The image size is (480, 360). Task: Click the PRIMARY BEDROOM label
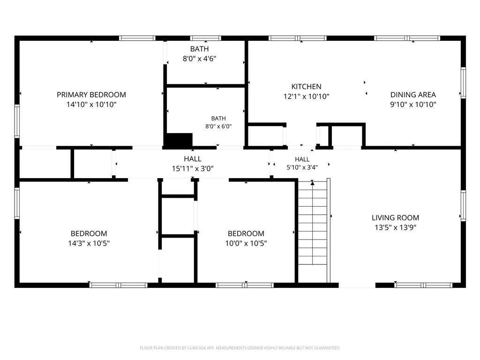91,95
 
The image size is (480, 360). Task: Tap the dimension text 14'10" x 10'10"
91,105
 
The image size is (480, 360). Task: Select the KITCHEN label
306,87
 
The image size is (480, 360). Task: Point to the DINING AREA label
413,95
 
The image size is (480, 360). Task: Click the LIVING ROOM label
395,217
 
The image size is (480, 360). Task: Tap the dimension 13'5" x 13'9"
395,227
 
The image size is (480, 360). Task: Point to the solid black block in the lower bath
179,140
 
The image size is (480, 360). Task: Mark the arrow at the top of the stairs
312,183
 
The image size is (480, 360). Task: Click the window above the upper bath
205,38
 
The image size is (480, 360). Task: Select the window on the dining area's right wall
463,82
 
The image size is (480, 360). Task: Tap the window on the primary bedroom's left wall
17,121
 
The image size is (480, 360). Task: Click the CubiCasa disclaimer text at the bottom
240,348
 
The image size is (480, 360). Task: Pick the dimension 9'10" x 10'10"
413,105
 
